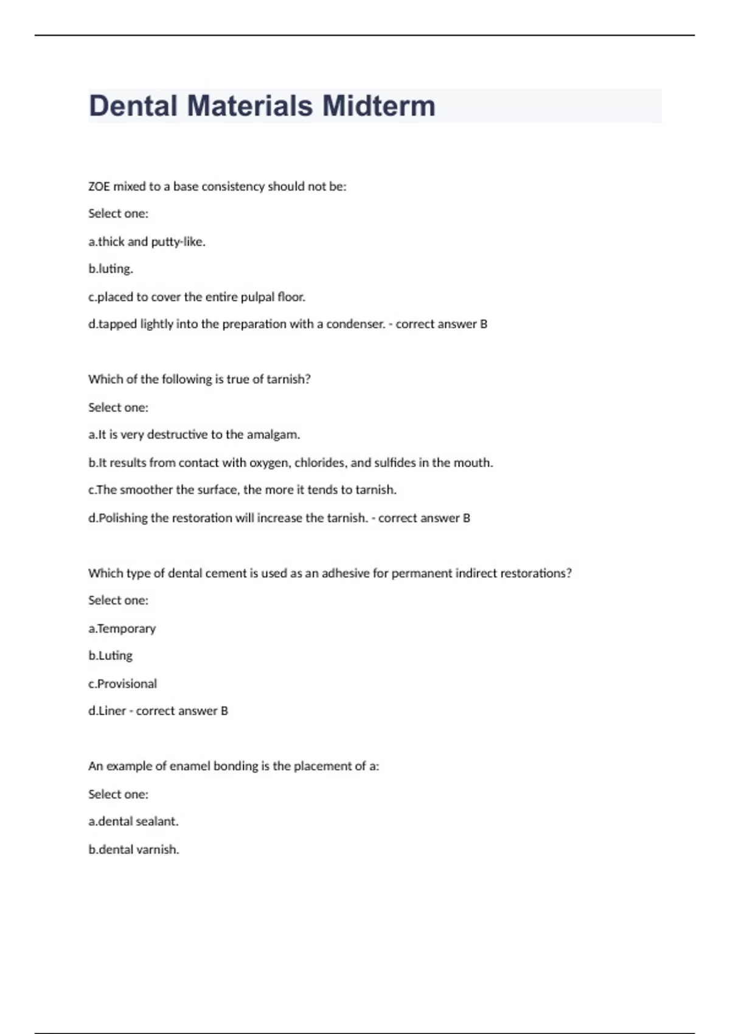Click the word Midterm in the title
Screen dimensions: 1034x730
point(378,106)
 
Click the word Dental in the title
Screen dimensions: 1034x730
point(133,106)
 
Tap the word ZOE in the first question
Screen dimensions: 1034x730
point(99,187)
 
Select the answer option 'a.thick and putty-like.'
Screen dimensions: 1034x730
point(147,241)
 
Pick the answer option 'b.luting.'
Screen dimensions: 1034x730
point(110,269)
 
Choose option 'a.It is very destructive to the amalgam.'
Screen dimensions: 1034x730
point(194,434)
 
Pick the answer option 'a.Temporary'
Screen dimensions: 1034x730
point(122,628)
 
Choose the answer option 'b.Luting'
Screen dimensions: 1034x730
point(110,656)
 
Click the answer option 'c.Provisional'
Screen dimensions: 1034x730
point(122,684)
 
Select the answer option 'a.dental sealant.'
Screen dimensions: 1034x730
point(133,821)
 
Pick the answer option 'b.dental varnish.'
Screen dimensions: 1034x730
point(133,849)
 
